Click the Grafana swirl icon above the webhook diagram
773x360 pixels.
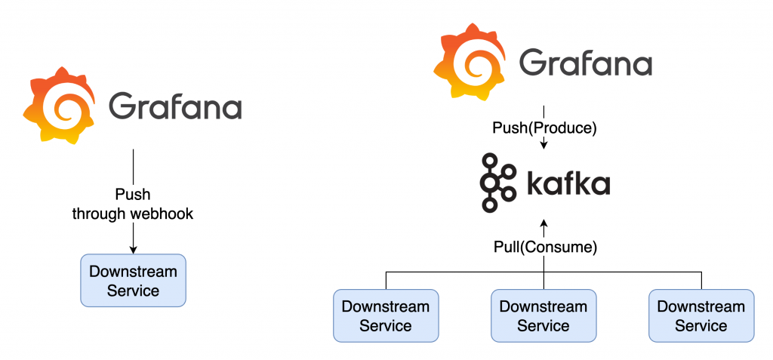pyautogui.click(x=60, y=105)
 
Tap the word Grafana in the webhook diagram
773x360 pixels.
pyautogui.click(x=175, y=106)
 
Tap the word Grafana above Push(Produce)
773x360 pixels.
pyautogui.click(x=585, y=63)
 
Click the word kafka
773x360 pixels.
pyautogui.click(x=568, y=184)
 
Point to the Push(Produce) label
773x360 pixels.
pyautogui.click(x=544, y=128)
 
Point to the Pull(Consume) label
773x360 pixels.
pyautogui.click(x=544, y=247)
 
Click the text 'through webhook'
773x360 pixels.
pyautogui.click(x=133, y=214)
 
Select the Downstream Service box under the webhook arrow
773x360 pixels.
pyautogui.click(x=133, y=280)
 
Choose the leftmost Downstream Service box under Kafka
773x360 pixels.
pyautogui.click(x=386, y=315)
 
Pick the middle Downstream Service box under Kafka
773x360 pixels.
pyautogui.click(x=544, y=315)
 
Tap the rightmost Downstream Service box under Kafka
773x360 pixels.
pyautogui.click(x=701, y=315)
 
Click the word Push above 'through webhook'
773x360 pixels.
pyautogui.click(x=133, y=195)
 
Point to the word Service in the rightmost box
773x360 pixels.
pyautogui.click(x=701, y=326)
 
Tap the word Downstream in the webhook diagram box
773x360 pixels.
pyautogui.click(x=133, y=271)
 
